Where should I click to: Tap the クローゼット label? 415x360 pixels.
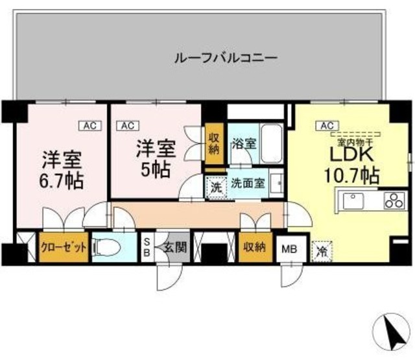[63, 247]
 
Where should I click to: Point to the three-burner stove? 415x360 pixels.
[392, 201]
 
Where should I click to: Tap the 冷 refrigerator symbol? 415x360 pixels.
[320, 249]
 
